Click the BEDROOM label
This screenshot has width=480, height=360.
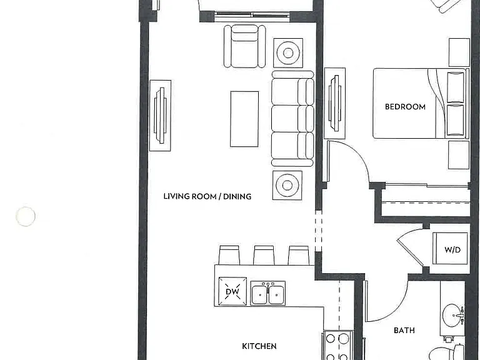coord(405,107)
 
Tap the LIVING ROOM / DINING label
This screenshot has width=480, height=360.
coord(207,196)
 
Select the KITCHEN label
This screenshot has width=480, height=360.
coord(259,346)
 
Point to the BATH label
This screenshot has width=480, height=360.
coord(404,331)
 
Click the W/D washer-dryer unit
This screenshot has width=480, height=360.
coord(450,249)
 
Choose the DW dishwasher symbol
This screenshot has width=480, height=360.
coord(232,291)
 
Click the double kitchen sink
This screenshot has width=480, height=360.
coord(268,293)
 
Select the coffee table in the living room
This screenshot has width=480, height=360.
coord(244,119)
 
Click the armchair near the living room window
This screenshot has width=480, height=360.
coord(245,46)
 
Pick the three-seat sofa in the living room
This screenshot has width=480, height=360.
coord(292,119)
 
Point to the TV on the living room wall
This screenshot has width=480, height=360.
coord(160,116)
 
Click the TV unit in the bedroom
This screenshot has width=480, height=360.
coord(335,103)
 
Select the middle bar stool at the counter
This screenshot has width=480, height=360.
coord(264,255)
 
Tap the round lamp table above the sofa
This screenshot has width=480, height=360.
coord(288,53)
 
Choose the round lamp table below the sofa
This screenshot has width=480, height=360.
coord(287,185)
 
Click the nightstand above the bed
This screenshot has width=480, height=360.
coord(459,52)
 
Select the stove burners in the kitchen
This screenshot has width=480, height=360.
coord(337,345)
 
